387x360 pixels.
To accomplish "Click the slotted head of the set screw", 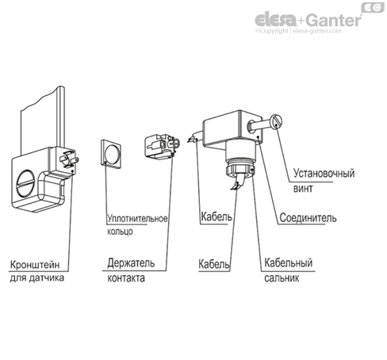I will (277, 123).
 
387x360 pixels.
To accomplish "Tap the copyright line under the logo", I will (306, 33).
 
